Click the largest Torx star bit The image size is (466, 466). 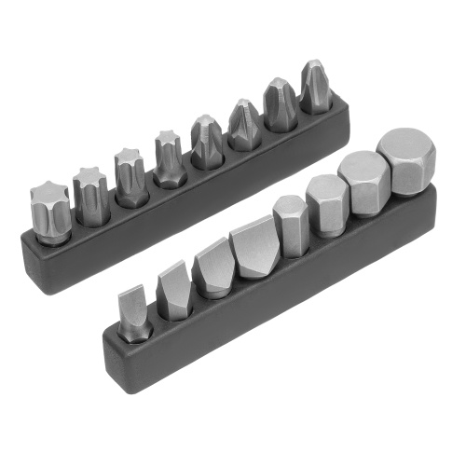(x=50, y=212)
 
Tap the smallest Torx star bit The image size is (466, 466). (x=170, y=161)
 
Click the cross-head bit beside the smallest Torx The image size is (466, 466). (x=207, y=143)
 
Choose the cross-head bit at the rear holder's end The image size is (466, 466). (x=316, y=88)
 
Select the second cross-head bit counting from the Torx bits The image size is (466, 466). (x=244, y=125)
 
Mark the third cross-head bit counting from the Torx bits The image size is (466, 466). (x=281, y=105)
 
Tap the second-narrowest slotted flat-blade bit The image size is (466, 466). (x=174, y=291)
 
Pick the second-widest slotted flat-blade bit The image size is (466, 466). (x=213, y=270)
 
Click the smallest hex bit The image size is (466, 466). (x=291, y=226)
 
